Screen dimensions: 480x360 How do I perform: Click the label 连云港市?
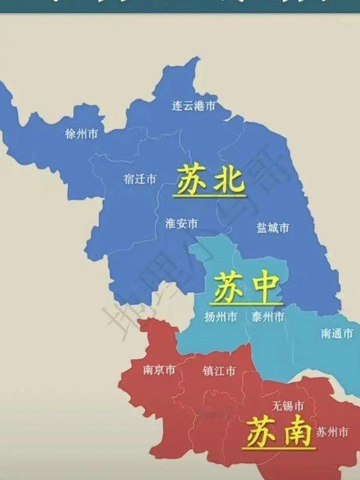(194, 105)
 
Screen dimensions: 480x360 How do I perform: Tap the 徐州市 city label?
(82, 134)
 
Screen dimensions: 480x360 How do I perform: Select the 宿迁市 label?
(140, 179)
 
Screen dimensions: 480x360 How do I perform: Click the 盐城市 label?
(273, 228)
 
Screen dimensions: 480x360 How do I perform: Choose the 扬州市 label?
(221, 317)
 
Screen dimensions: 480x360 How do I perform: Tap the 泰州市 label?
(268, 317)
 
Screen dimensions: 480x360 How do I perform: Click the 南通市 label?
(336, 333)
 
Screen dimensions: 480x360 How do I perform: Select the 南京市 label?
(159, 370)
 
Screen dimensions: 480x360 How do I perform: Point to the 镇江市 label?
(219, 371)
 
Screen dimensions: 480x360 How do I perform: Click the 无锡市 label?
(288, 406)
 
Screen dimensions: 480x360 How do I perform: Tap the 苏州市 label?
(332, 432)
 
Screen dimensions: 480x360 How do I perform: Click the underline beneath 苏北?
(209, 196)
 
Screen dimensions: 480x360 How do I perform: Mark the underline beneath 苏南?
(278, 449)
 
